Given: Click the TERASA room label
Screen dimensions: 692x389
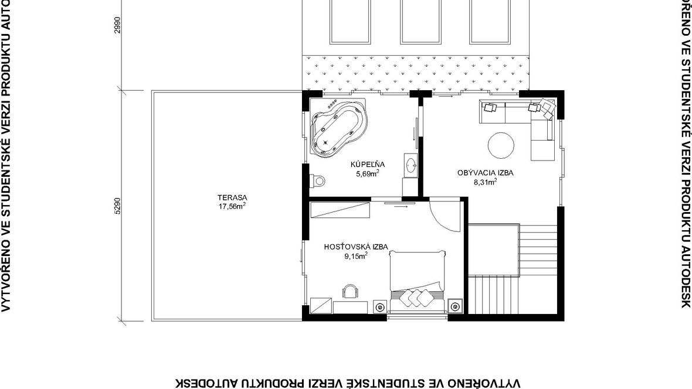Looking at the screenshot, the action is coord(232,197).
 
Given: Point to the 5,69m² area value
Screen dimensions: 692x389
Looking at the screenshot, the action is coord(368,173).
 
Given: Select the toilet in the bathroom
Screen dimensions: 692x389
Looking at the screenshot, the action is coord(318,180).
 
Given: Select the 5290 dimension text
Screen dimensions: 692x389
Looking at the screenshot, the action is coord(117,206).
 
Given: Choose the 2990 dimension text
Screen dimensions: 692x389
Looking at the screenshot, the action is coord(117,25).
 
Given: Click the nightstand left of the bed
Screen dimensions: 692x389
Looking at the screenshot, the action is coord(379,306).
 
